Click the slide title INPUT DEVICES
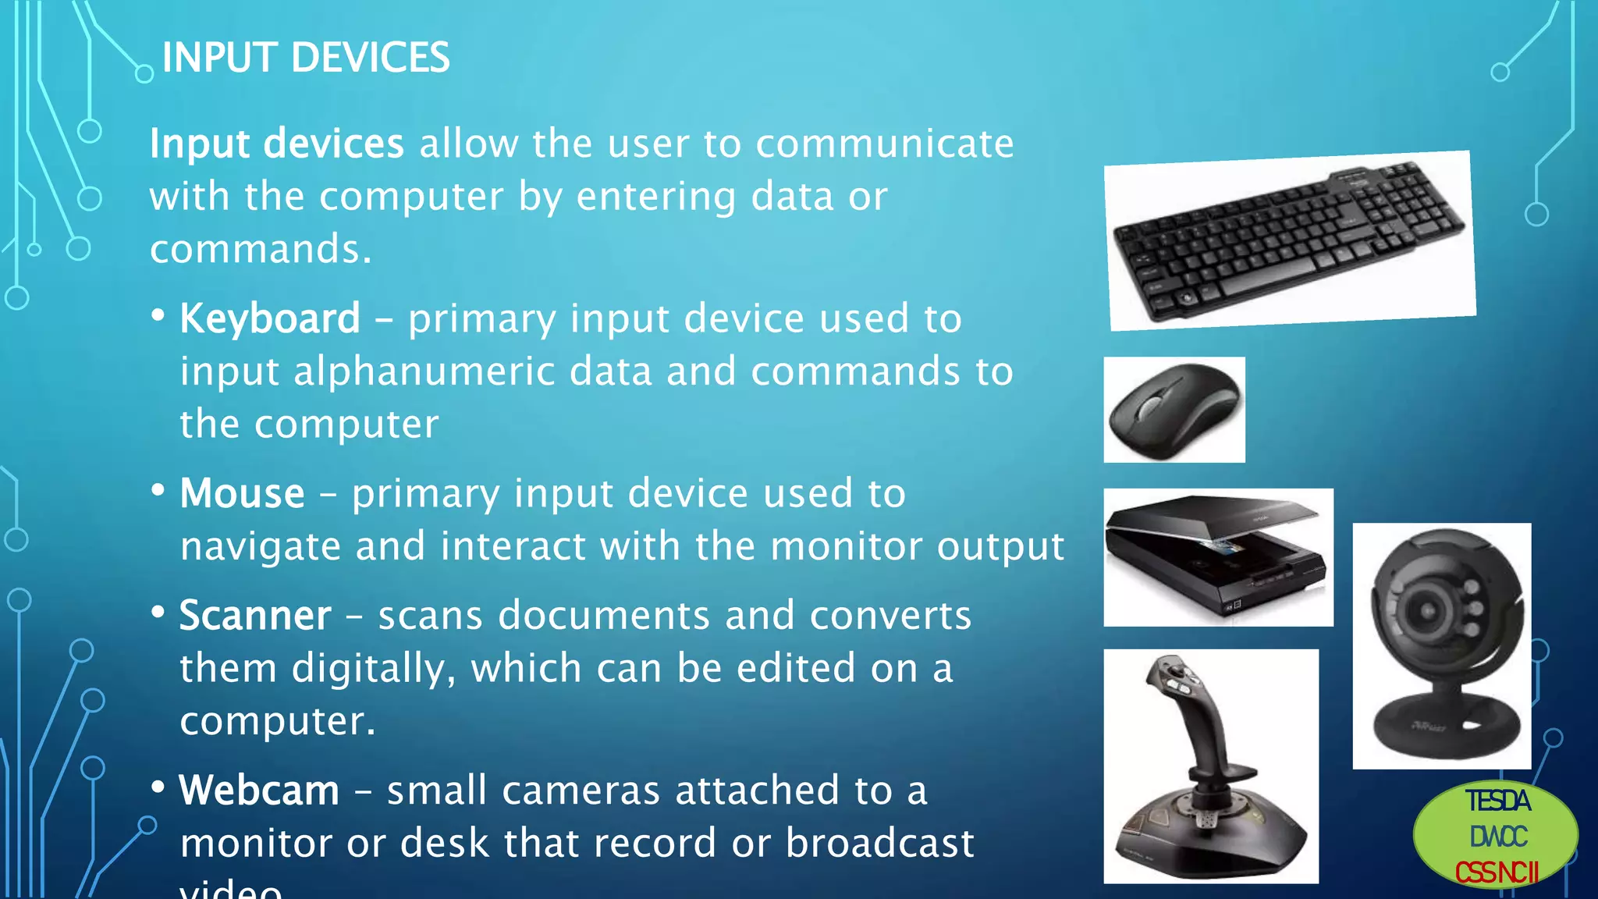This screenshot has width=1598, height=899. click(305, 59)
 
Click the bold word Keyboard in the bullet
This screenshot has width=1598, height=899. click(270, 319)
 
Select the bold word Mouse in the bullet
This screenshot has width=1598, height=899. click(242, 494)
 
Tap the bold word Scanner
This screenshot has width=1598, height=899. click(255, 616)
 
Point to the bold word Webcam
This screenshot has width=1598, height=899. click(259, 791)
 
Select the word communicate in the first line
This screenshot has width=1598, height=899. click(884, 144)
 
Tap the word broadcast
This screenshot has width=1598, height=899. click(879, 844)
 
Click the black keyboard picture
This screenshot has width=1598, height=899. click(1288, 240)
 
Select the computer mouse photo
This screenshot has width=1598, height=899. click(1174, 410)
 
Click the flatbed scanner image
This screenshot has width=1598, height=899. click(1217, 557)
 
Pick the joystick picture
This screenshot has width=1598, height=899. click(1210, 766)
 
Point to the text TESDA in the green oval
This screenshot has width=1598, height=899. click(1497, 801)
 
